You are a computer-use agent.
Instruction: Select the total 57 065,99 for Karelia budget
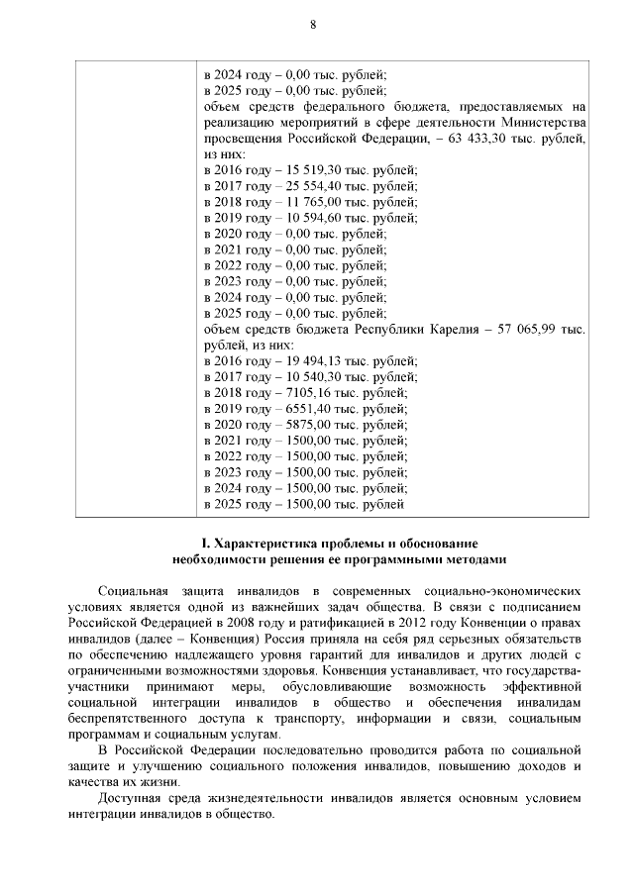(531, 329)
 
